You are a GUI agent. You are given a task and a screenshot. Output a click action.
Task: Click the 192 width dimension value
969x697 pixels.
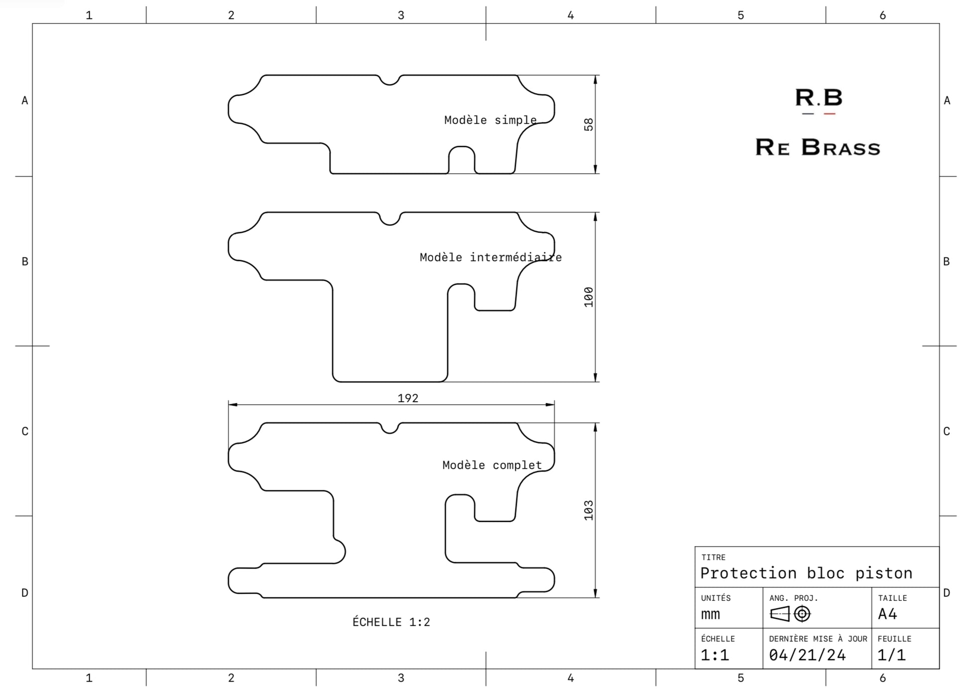point(408,398)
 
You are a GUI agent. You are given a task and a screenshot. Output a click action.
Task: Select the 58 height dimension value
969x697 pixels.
point(589,124)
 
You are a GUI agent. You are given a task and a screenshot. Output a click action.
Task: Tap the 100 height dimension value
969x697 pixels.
point(589,297)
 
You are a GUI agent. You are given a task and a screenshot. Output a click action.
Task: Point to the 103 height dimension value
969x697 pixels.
point(589,510)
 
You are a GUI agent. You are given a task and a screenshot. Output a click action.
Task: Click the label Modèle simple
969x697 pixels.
point(490,120)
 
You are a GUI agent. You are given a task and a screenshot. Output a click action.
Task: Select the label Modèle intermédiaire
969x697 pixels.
point(490,257)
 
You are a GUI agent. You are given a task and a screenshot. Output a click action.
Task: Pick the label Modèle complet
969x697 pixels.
point(491,465)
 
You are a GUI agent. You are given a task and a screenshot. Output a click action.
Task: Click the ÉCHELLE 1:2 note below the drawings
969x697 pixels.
point(391,622)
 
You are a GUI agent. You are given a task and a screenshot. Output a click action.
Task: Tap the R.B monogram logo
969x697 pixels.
point(818,100)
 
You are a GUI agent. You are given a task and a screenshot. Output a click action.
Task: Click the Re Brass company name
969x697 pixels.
point(818,147)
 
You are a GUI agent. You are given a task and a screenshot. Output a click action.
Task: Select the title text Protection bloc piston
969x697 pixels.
point(806,573)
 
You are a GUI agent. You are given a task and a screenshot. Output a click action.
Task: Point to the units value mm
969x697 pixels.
point(711,614)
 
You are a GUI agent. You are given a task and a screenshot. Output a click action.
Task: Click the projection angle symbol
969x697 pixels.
point(790,614)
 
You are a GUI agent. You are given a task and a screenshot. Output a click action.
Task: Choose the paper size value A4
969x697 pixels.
point(887,614)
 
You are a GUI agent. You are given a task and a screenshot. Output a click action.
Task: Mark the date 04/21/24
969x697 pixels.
point(807,655)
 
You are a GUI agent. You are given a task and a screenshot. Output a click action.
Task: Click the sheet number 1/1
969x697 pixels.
point(891,655)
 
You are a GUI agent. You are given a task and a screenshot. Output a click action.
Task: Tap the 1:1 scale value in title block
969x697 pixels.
point(715,655)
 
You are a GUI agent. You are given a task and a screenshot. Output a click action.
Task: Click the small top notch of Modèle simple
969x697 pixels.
point(390,80)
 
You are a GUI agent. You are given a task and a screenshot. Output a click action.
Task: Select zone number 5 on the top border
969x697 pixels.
point(740,15)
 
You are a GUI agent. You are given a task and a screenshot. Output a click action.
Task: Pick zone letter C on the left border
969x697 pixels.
point(25,431)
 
